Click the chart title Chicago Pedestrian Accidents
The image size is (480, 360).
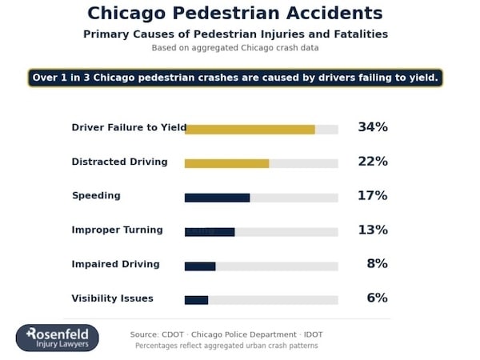tap(234, 14)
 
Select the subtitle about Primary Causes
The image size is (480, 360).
tap(235, 34)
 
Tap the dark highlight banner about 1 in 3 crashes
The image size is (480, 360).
tap(235, 78)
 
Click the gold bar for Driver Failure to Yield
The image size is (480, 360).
tap(250, 129)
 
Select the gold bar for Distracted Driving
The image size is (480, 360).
tap(226, 163)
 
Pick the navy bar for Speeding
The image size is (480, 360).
tap(217, 198)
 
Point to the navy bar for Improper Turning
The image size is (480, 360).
tap(210, 232)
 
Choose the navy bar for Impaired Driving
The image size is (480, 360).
tap(200, 266)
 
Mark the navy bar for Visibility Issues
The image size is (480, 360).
tap(196, 300)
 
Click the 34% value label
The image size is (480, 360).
tap(372, 127)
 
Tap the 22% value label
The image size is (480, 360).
tap(372, 162)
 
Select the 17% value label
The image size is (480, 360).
tap(372, 196)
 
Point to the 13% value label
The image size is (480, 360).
tap(372, 230)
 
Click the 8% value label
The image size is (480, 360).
tap(377, 264)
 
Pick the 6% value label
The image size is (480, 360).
tap(377, 298)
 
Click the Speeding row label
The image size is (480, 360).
tap(96, 196)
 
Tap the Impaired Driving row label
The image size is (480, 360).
tap(115, 264)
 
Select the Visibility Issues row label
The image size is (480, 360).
tap(112, 298)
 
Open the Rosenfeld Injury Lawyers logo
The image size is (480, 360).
tap(58, 338)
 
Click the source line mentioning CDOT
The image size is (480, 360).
tap(226, 334)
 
